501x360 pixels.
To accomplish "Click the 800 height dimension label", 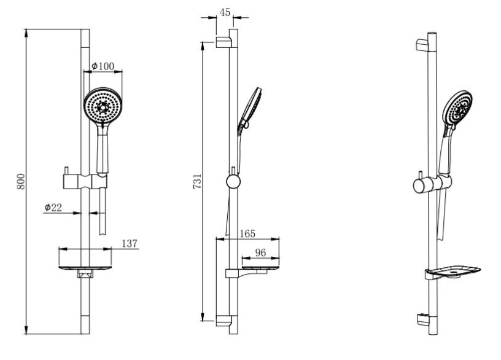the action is tap(21, 181).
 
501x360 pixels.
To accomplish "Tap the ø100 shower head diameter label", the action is tap(103, 66).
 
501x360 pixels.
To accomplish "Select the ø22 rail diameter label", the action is tap(53, 208).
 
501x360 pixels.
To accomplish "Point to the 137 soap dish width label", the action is tap(130, 244).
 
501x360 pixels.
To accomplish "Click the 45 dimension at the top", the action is tap(225, 12).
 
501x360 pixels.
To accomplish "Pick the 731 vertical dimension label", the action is tap(198, 181).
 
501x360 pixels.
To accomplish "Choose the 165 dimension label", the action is tap(247, 233).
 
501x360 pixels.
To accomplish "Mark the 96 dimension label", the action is tap(261, 252).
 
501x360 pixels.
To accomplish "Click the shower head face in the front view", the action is tap(103, 105).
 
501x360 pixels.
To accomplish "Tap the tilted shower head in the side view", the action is tap(250, 109).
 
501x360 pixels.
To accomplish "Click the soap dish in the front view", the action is tap(85, 268).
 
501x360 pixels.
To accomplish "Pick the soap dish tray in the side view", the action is tap(260, 268).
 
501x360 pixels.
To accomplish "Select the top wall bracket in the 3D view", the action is tap(422, 45).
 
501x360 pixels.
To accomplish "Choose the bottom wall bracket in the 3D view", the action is tap(422, 319).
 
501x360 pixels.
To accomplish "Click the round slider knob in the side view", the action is tap(233, 182).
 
